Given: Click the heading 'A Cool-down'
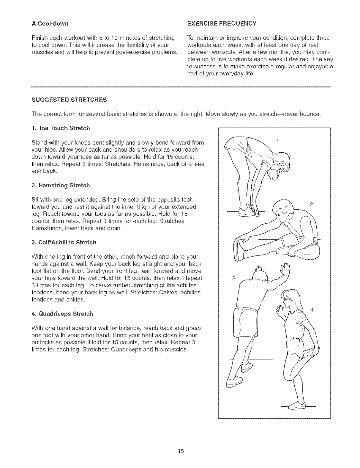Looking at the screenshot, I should coord(50,23).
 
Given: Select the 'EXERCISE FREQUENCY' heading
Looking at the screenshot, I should coord(222,23).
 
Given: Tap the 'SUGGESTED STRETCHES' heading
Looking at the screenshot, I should coord(69,100).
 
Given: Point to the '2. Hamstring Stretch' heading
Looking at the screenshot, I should coord(60,185).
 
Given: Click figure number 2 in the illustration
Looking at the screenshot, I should coord(311,205).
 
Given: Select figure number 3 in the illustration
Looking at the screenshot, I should coord(234,279).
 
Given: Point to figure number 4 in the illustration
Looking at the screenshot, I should coord(312,310).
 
